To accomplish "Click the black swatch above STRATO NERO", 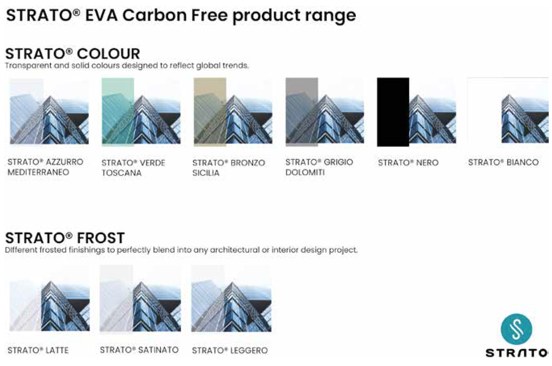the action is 393,112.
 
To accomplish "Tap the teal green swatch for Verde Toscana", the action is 118,112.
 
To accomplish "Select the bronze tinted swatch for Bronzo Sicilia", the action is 210,112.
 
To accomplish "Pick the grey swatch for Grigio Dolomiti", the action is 302,112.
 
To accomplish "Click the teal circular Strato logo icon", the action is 517,329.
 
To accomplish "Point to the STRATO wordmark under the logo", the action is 517,353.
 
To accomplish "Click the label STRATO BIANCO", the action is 503,162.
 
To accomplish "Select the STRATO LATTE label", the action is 38,351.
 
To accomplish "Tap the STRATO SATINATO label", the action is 139,350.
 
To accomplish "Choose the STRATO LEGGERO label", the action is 230,351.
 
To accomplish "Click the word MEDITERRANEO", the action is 38,172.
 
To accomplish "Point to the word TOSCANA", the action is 121,173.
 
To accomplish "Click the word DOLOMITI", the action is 305,172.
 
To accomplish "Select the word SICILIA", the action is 206,173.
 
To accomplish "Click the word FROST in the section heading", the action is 101,238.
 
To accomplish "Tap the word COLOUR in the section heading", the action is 109,54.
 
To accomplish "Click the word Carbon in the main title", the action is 155,15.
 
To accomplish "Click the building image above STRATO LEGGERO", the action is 231,298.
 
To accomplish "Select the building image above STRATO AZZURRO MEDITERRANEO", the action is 49,112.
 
